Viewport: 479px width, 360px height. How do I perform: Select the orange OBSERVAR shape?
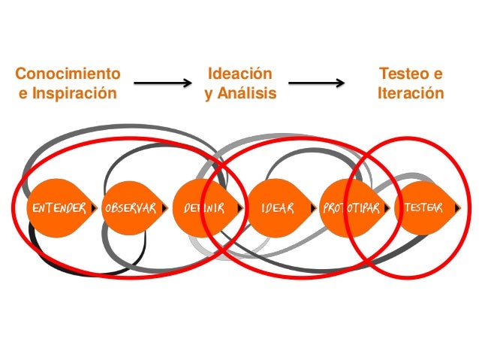[x=131, y=208]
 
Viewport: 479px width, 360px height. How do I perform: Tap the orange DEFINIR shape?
[x=203, y=208]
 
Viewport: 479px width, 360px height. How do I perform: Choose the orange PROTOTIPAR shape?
[x=350, y=208]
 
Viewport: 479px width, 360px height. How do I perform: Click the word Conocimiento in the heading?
[x=68, y=74]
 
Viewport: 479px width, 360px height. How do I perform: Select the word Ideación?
[x=239, y=74]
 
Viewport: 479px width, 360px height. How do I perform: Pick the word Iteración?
[x=411, y=94]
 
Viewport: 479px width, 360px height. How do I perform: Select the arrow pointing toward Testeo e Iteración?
[x=316, y=84]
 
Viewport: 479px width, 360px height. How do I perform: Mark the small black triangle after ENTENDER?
[x=95, y=208]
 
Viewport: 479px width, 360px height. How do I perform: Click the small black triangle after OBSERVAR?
[x=168, y=208]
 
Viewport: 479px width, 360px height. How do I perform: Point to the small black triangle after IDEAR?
[x=314, y=208]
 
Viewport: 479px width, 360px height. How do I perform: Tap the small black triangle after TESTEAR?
[x=460, y=208]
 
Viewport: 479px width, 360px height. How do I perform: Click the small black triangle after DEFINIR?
[x=240, y=208]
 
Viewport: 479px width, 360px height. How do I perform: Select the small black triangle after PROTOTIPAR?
[x=387, y=208]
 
